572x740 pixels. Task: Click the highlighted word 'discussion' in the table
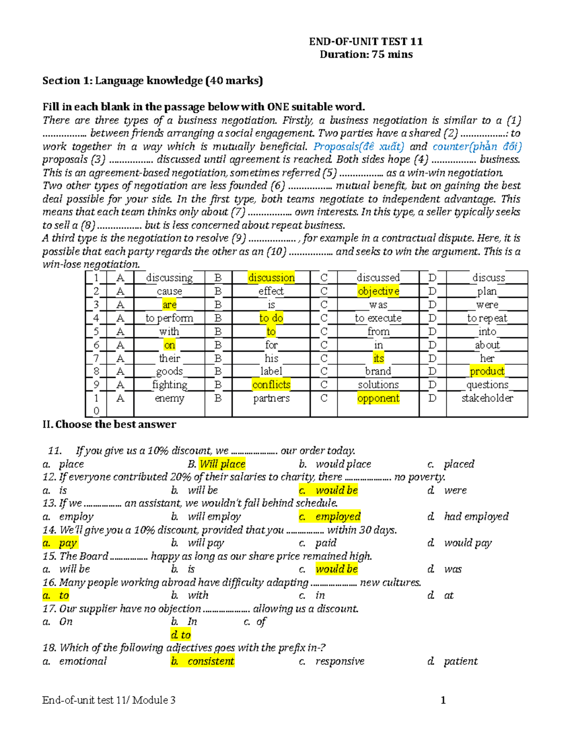pyautogui.click(x=271, y=277)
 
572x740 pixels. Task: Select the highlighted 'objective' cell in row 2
pyautogui.click(x=378, y=291)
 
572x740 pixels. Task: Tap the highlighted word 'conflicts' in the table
pyautogui.click(x=271, y=385)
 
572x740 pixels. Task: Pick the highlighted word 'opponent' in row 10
pyautogui.click(x=378, y=398)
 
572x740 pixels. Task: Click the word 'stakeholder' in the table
pyautogui.click(x=487, y=398)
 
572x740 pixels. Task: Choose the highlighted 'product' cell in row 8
pyautogui.click(x=487, y=371)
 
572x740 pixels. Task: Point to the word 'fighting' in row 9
pyautogui.click(x=170, y=385)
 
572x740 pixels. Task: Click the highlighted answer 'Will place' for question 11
pyautogui.click(x=223, y=464)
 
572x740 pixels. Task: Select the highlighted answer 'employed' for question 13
pyautogui.click(x=337, y=517)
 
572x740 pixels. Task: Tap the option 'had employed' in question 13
pyautogui.click(x=476, y=517)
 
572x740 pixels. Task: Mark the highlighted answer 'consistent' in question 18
pyautogui.click(x=211, y=661)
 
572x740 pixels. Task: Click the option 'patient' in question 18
pyautogui.click(x=460, y=661)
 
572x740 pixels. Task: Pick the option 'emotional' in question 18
pyautogui.click(x=83, y=661)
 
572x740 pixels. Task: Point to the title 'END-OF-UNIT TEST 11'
pyautogui.click(x=366, y=41)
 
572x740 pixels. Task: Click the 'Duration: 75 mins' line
pyautogui.click(x=366, y=54)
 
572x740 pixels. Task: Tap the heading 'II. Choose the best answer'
pyautogui.click(x=109, y=424)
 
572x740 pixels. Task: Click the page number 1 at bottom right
pyautogui.click(x=443, y=700)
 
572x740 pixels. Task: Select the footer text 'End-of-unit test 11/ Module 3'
pyautogui.click(x=109, y=700)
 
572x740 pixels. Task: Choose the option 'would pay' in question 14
pyautogui.click(x=468, y=543)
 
